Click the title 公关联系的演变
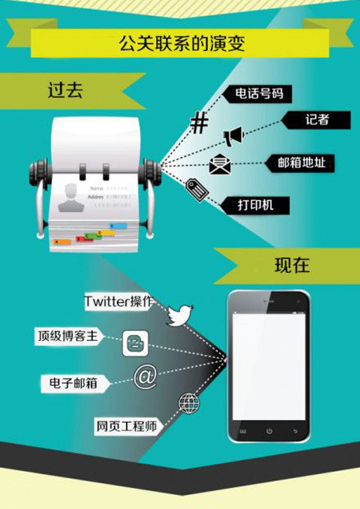(x=180, y=44)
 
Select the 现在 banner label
(x=291, y=265)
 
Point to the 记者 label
(x=317, y=120)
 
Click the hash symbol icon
(x=199, y=123)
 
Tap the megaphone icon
(x=233, y=136)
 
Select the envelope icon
(x=219, y=164)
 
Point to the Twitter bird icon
(x=179, y=314)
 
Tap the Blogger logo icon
(x=134, y=344)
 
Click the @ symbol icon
(x=145, y=376)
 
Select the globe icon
(x=188, y=403)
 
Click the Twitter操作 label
(x=118, y=302)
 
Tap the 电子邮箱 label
(x=69, y=383)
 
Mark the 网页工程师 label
(x=126, y=426)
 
